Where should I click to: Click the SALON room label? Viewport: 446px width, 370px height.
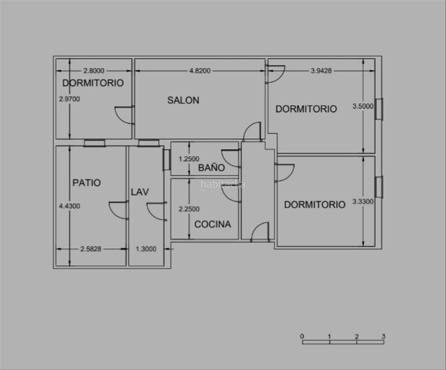click(183, 100)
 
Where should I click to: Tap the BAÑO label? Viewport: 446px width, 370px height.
click(211, 167)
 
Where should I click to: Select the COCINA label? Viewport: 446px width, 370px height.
click(213, 224)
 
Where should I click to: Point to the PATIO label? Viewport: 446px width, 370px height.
click(87, 183)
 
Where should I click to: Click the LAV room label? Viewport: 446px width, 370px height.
click(140, 192)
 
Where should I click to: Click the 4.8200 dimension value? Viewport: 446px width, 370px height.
click(200, 71)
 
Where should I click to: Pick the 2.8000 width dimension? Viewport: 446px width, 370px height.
click(94, 71)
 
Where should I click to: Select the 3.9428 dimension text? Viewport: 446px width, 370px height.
click(321, 71)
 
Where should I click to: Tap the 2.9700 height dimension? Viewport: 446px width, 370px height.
click(69, 99)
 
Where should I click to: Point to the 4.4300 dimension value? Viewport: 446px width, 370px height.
click(69, 206)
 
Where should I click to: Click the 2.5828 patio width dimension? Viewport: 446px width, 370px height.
click(91, 249)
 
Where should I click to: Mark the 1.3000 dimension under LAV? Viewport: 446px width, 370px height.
click(146, 249)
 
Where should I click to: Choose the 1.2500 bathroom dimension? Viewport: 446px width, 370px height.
click(189, 159)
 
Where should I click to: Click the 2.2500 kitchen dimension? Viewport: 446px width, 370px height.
click(189, 209)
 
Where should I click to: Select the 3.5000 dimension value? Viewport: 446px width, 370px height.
click(363, 106)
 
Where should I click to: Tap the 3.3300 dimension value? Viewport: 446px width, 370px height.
click(363, 202)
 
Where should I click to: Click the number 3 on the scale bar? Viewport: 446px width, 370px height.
click(384, 337)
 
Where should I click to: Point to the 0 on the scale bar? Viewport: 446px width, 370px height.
click(302, 337)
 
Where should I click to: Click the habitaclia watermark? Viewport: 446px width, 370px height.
click(223, 185)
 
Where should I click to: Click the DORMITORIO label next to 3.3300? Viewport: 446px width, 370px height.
click(315, 205)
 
